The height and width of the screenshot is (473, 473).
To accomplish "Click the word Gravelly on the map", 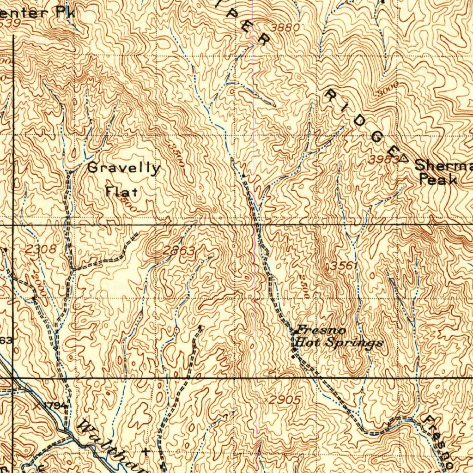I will (x=124, y=168).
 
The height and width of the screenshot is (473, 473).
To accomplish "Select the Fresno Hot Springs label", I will (x=338, y=337).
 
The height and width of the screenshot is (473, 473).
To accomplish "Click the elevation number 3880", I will (x=285, y=27).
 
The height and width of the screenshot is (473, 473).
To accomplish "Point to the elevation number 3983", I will (x=383, y=159).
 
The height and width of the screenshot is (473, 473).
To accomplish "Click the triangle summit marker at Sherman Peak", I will (x=404, y=158).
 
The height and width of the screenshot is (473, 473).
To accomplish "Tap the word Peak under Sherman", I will (x=437, y=180).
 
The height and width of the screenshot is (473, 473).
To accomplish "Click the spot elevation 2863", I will (x=178, y=251).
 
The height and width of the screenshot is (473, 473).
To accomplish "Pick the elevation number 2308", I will (x=41, y=249).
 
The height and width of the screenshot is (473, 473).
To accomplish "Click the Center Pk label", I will (x=37, y=12).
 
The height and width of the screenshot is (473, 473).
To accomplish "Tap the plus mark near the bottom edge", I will (x=146, y=450).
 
